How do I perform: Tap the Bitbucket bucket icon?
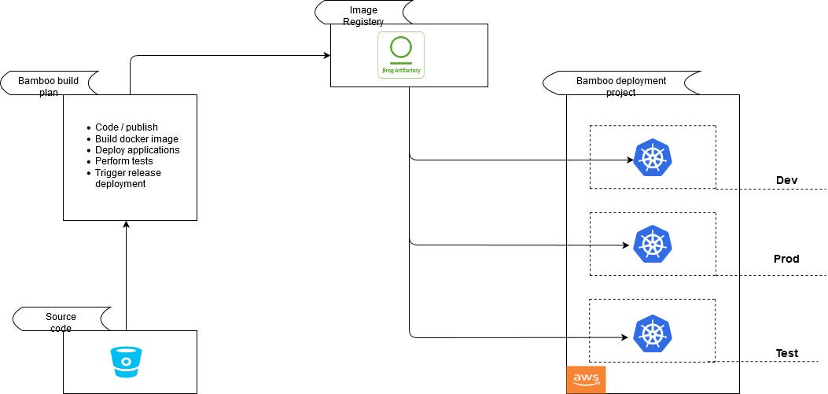[x=127, y=362]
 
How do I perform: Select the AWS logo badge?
[x=586, y=380]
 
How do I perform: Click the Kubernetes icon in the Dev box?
[x=653, y=157]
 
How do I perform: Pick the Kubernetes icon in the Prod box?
[x=653, y=244]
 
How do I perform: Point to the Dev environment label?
[x=786, y=181]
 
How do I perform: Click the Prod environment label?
[x=786, y=259]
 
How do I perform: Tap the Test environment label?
[x=786, y=353]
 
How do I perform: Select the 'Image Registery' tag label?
[x=363, y=16]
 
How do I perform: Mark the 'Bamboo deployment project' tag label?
[x=620, y=86]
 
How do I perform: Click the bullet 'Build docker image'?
[x=136, y=139]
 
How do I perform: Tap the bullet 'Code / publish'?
[x=127, y=127]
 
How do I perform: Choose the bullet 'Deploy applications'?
[x=138, y=150]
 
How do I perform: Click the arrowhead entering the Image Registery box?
[x=326, y=55]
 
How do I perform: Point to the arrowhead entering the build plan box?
[x=126, y=226]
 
